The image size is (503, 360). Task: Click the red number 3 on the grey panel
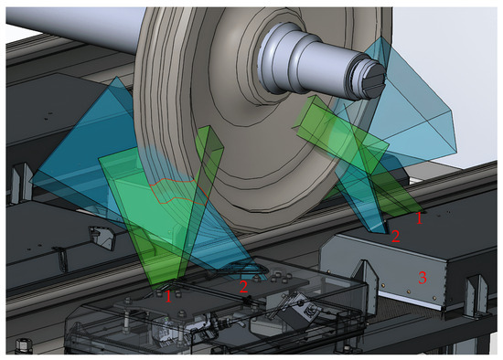tap(423, 277)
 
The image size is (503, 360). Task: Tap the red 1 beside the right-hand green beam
tap(419, 218)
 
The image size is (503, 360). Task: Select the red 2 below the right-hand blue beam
tap(395, 236)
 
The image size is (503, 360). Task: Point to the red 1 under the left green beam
tap(168, 296)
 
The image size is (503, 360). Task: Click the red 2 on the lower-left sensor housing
tap(243, 286)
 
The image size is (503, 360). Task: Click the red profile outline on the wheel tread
tap(178, 191)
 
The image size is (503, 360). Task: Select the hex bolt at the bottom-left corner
tap(22, 346)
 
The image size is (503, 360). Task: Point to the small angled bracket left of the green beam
tap(102, 238)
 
